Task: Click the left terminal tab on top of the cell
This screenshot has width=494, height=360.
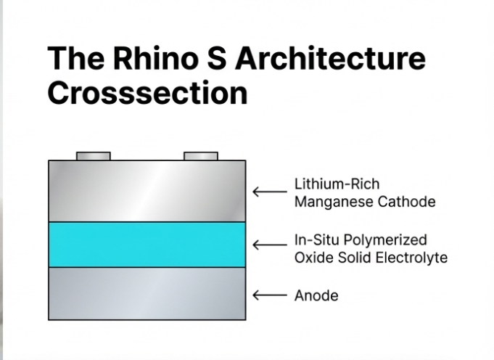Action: (94, 156)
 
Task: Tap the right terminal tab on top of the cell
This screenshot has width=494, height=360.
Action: (201, 156)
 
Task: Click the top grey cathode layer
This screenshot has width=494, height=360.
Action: (147, 191)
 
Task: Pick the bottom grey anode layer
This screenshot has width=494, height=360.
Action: (147, 294)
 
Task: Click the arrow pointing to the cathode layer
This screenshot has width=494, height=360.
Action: (269, 192)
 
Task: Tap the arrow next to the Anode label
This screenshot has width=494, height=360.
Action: (269, 295)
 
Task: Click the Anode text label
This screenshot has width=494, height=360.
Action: (316, 295)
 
